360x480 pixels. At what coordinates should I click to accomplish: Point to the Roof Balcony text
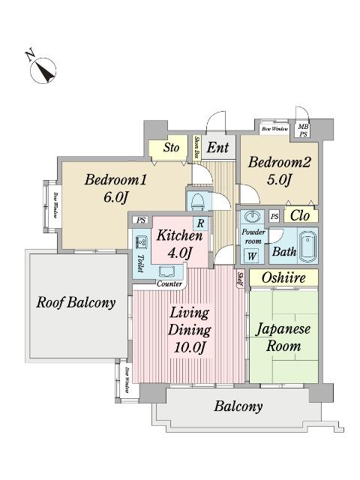click(76, 303)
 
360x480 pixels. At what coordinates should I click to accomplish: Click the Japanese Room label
click(283, 337)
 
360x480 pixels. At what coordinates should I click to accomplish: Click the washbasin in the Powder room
click(252, 218)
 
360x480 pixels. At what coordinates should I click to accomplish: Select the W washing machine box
click(251, 255)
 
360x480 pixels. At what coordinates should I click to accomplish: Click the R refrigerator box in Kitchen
click(201, 223)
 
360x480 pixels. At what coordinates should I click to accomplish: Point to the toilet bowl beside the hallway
click(196, 201)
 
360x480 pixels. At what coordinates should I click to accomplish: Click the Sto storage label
click(171, 147)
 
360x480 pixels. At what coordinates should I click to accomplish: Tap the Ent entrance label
click(217, 147)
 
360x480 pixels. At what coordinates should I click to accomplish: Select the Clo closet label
click(299, 215)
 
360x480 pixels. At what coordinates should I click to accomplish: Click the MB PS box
click(304, 129)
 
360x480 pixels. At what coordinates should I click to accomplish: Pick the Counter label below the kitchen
click(169, 284)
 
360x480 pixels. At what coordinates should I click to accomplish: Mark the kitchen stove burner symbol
click(141, 241)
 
